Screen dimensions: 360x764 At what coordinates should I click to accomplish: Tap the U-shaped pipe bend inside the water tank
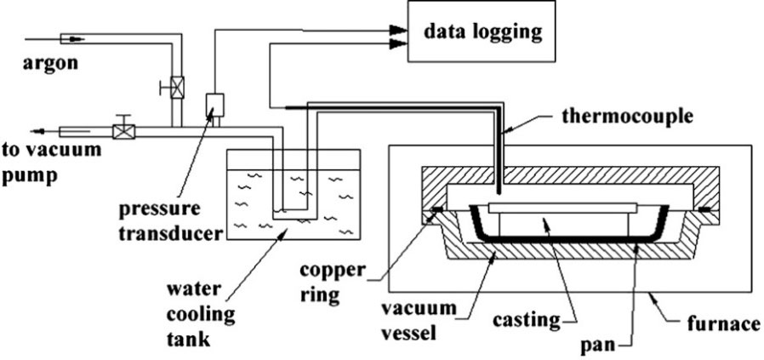[x=289, y=210]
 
